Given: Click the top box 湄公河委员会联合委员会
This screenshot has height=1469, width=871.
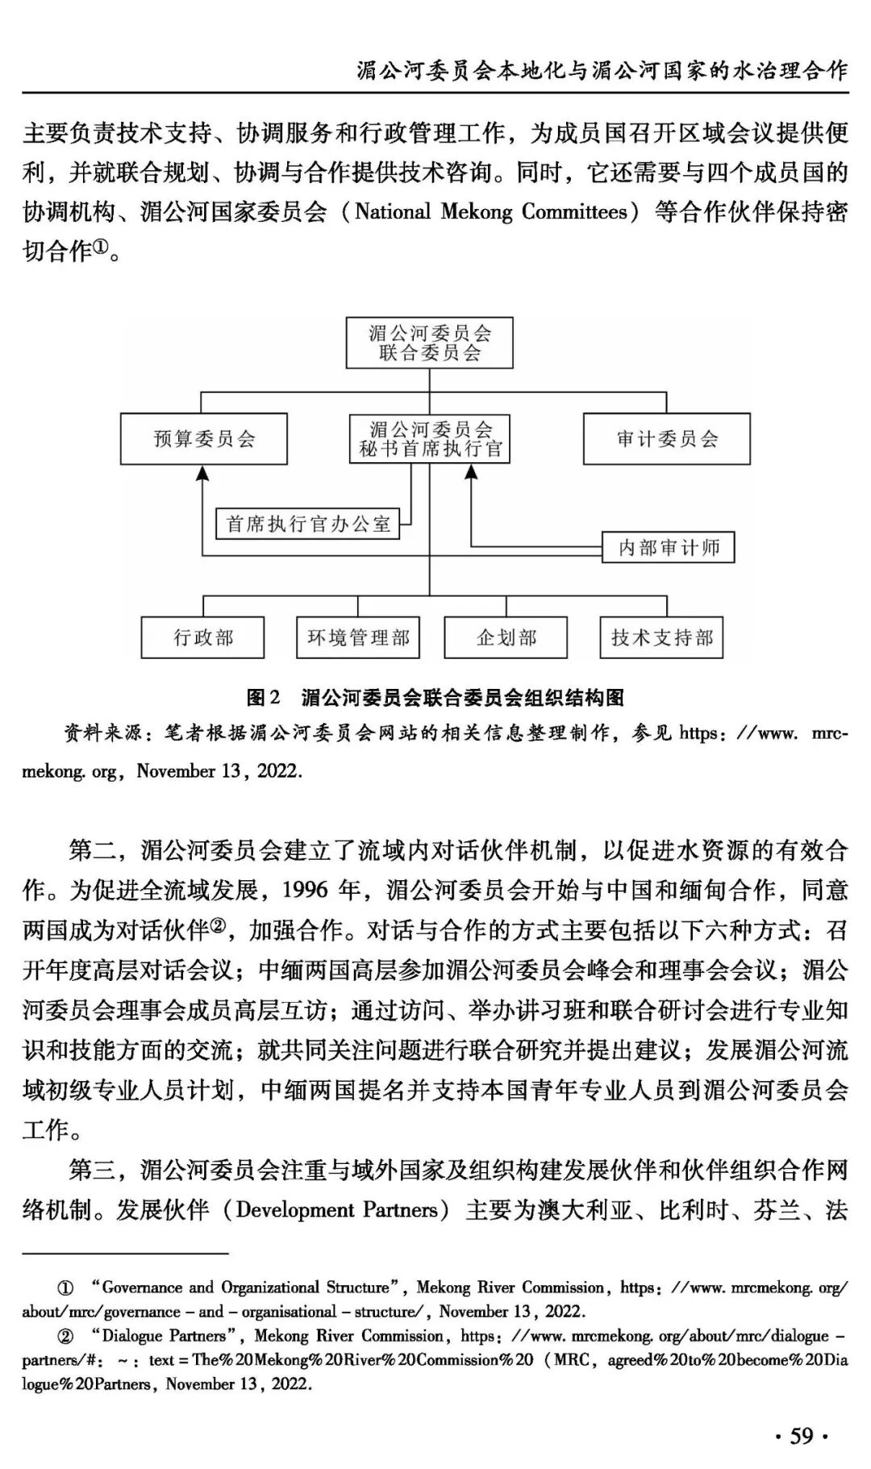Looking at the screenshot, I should point(429,343).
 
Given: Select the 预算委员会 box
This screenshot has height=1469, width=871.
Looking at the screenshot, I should point(204,439).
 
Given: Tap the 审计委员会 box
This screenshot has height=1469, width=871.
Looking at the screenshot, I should point(666,439).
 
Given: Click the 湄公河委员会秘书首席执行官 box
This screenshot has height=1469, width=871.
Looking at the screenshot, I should point(429,439).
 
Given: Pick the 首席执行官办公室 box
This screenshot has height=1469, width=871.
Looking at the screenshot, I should point(308,524).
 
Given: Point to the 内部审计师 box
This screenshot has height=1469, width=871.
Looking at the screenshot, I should point(669,548).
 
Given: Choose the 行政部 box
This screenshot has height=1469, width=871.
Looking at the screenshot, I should point(203,638).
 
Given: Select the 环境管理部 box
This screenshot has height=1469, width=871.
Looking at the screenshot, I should point(358,638).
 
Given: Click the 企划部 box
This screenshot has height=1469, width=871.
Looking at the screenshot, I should point(506,638).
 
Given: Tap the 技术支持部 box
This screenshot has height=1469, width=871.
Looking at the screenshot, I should point(661,638).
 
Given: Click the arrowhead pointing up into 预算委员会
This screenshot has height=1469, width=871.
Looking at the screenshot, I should point(203,474).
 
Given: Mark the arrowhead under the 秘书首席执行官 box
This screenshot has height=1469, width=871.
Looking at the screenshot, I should point(471,472).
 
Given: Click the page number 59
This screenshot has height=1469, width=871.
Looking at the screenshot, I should point(802,1436).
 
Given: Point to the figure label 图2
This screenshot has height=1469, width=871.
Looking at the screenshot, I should point(263,698).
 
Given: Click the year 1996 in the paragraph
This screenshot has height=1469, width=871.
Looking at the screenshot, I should point(304,890).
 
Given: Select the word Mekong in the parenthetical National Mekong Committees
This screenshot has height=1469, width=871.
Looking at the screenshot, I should point(477,212).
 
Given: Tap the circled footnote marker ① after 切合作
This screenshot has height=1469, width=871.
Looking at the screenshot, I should point(100,248).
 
